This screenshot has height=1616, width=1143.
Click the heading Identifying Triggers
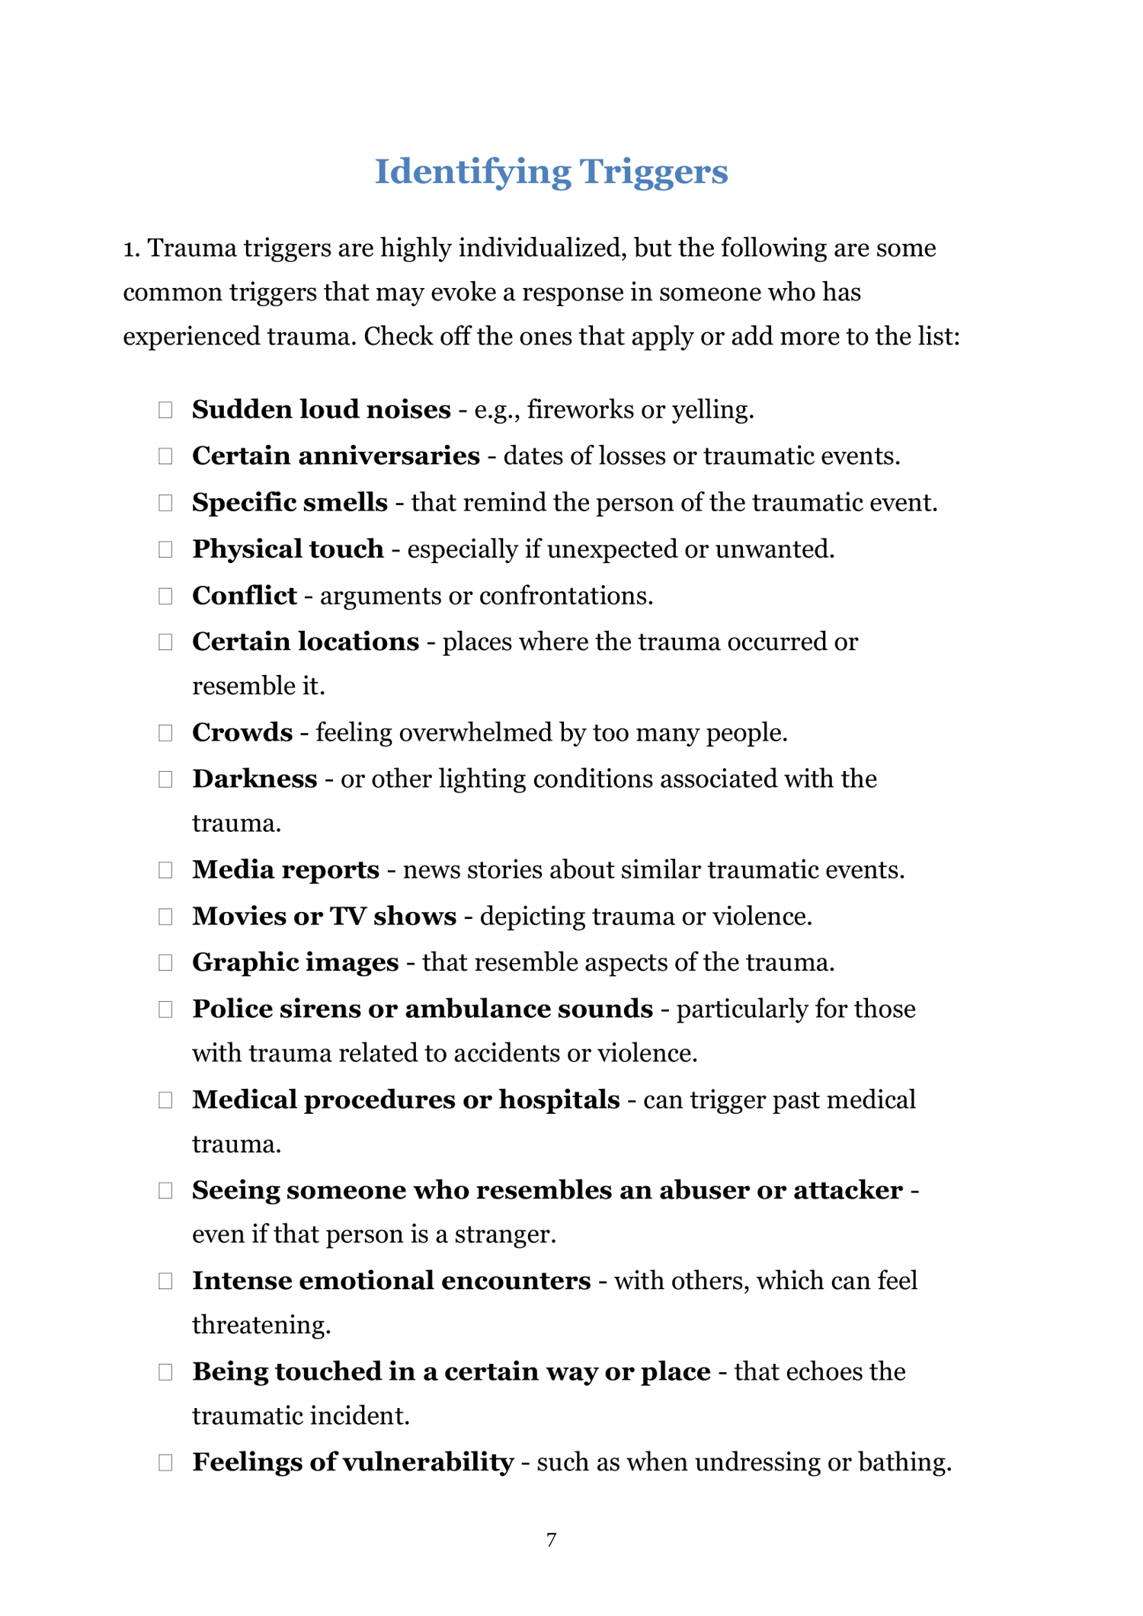coord(551,171)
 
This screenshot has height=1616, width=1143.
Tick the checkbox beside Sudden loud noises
coord(165,410)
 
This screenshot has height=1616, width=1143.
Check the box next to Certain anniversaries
coord(165,456)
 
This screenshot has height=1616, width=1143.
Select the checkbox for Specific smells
coord(165,503)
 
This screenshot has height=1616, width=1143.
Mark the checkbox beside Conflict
coord(165,596)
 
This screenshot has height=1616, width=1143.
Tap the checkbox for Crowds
coord(165,733)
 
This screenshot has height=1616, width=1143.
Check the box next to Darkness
coord(165,779)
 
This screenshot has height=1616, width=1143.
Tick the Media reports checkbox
coord(165,870)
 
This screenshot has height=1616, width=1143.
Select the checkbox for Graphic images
coord(165,963)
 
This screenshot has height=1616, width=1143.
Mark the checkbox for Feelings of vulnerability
coord(165,1463)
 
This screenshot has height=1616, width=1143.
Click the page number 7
coord(552,1540)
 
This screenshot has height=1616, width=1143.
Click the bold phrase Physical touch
coord(287,549)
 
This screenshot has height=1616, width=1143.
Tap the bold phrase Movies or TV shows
coord(324,917)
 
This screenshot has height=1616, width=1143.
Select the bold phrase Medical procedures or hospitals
coord(405,1100)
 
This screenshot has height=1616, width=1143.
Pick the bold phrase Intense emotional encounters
coord(391,1281)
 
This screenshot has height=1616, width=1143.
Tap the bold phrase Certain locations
coord(305,642)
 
